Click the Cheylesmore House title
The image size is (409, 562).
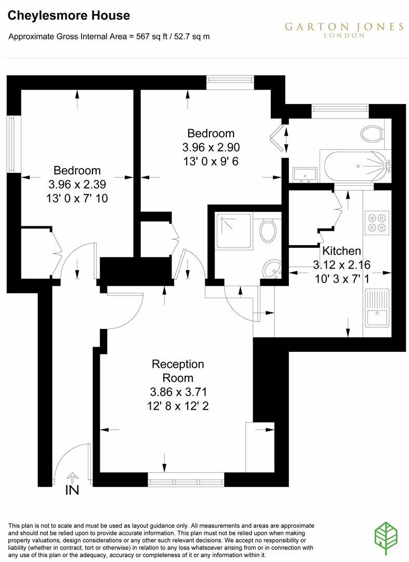point(69,16)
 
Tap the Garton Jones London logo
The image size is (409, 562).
point(344,29)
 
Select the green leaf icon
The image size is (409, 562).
point(386,536)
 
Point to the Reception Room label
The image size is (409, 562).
point(178,371)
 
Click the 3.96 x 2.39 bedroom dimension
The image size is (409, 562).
point(77,184)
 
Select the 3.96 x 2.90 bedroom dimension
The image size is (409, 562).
point(211,147)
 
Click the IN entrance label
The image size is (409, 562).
point(72,490)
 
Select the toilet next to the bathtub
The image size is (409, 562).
point(372,134)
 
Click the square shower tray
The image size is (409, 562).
point(234,231)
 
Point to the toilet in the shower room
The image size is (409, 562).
point(268,231)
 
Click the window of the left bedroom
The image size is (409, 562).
point(10,143)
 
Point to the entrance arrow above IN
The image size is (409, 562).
point(72,477)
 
